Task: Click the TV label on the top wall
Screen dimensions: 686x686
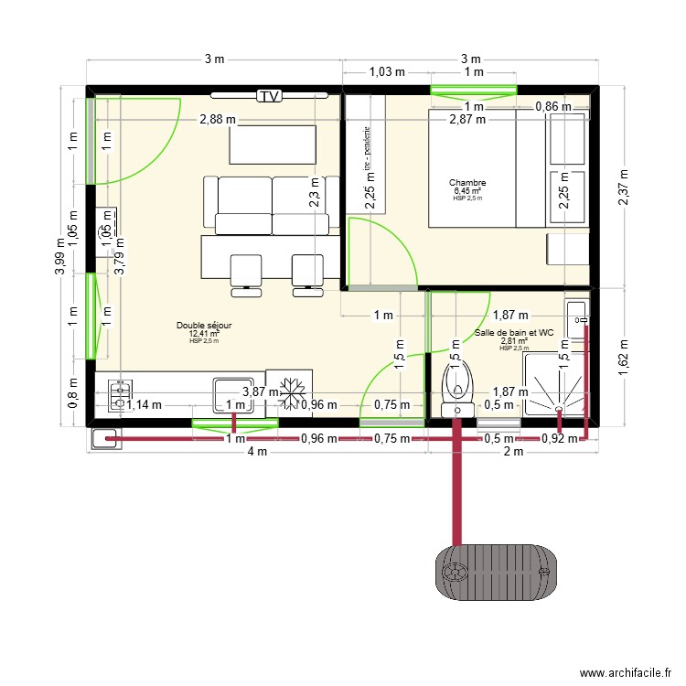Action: (x=268, y=96)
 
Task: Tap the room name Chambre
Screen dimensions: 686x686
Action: (x=466, y=183)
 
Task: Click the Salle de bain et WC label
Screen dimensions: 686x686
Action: (x=514, y=333)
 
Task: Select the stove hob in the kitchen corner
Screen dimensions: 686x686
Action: (x=118, y=395)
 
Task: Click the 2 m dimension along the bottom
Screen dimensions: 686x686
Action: (x=514, y=452)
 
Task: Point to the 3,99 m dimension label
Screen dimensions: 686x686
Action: (x=61, y=255)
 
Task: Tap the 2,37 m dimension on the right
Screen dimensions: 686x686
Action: (x=622, y=188)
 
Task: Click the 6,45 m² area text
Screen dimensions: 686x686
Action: (x=466, y=191)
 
